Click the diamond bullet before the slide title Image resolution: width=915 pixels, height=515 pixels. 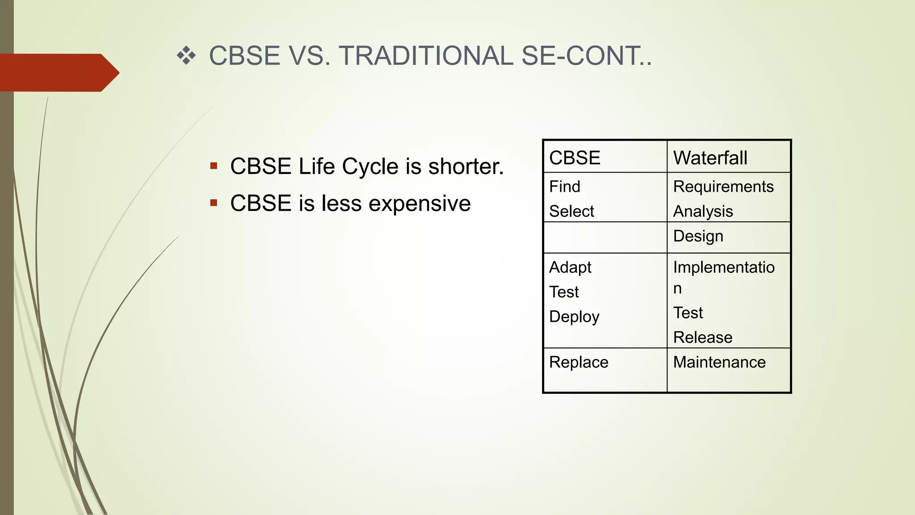pos(186,56)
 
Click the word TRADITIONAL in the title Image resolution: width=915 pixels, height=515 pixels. pos(426,56)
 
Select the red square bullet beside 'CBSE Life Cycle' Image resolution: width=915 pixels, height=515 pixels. pos(214,166)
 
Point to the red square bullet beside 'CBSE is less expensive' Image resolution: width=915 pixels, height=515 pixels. pos(214,203)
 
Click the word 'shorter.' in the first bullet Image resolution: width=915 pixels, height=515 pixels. pos(466,166)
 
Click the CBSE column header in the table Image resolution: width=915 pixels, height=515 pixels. pos(575,158)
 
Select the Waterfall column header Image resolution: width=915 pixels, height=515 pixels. pos(710,158)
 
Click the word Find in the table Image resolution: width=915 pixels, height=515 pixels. pos(565,186)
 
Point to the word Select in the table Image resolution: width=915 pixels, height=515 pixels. pos(571,211)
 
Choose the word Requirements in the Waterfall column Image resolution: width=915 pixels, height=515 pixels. pos(723,186)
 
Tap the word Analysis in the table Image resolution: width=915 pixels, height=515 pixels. pos(703,211)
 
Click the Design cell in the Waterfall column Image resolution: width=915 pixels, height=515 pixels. pos(698,236)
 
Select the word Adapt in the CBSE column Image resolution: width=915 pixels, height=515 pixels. pos(570,267)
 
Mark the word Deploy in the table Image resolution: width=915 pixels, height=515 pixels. pos(574,317)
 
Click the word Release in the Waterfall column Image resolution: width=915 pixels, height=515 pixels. pos(703,337)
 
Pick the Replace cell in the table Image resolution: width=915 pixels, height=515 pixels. pos(579,362)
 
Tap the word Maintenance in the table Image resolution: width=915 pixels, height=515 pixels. pos(719,362)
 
